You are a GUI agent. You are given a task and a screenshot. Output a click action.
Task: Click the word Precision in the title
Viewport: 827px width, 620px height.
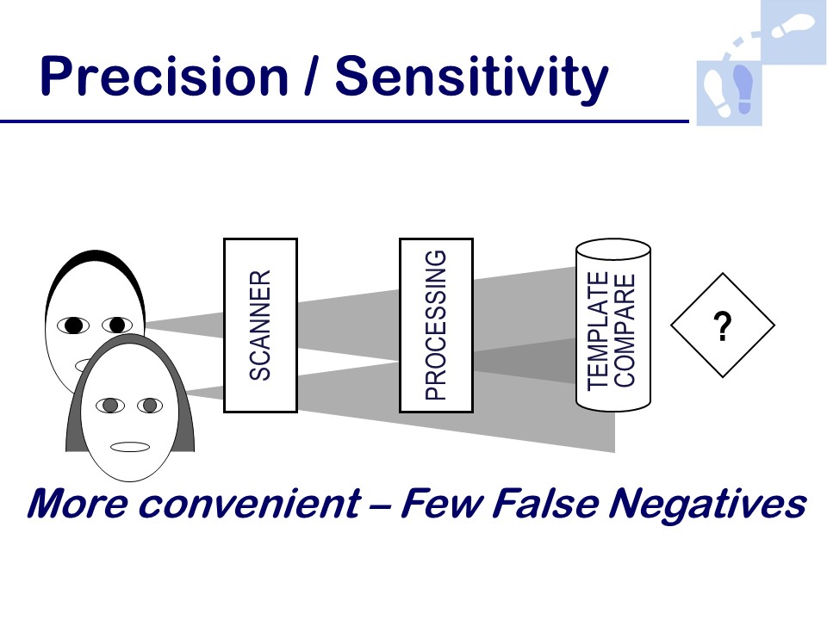[164, 77]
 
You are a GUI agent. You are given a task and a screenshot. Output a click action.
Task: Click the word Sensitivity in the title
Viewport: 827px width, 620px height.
[472, 79]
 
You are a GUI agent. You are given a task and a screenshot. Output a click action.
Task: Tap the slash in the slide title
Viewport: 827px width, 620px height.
[312, 77]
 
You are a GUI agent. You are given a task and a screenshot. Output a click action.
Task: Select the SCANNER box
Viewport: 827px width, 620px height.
[260, 325]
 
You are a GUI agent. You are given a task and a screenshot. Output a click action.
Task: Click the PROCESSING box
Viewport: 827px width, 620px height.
[436, 325]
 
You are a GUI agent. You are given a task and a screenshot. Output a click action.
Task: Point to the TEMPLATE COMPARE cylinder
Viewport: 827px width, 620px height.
[612, 325]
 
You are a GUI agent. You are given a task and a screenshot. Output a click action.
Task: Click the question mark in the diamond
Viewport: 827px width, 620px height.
[723, 325]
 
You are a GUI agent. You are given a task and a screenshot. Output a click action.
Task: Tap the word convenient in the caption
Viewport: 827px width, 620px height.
[250, 504]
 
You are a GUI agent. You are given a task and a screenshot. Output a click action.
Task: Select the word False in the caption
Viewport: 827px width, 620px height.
[544, 504]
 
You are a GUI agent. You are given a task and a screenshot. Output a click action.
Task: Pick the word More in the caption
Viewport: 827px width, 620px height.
[78, 504]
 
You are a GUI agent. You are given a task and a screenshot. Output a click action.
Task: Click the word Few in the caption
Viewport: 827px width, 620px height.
[442, 504]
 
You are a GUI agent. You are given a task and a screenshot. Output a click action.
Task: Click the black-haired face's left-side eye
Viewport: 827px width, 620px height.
[73, 325]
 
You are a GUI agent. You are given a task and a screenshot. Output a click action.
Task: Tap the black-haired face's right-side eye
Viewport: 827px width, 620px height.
[117, 325]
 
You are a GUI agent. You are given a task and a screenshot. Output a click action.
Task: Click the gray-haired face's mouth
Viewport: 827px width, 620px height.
[130, 447]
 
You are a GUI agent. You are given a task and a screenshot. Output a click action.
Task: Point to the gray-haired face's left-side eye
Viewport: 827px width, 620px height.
[109, 406]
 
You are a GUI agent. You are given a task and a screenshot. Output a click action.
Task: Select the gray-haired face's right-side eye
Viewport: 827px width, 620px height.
[150, 406]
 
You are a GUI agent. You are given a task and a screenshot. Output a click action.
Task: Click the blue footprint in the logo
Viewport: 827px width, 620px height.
[743, 89]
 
